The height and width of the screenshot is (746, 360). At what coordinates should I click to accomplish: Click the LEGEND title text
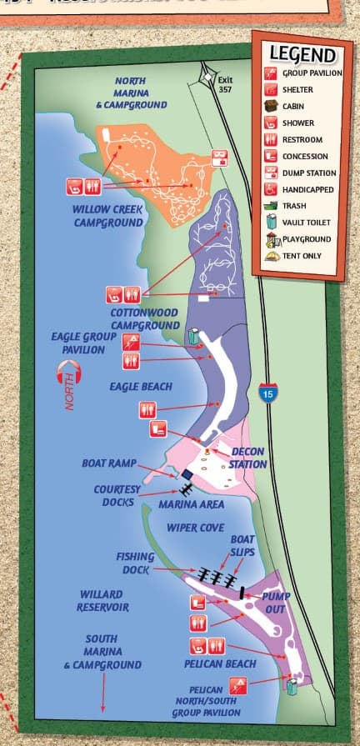(302, 55)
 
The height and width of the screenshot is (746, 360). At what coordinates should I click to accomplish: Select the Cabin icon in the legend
(271, 107)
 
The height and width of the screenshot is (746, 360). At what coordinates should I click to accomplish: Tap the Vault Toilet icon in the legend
(271, 223)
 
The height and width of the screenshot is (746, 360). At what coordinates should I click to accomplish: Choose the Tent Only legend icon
(271, 255)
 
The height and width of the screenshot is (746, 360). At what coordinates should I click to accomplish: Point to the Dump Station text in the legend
(309, 173)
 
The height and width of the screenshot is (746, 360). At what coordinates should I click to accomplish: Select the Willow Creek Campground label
(108, 216)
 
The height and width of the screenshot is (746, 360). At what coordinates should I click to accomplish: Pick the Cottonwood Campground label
(145, 318)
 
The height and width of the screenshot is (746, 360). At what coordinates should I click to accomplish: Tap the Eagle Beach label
(141, 387)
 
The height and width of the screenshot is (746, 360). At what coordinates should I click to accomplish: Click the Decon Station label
(248, 458)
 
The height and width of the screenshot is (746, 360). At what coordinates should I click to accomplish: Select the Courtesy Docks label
(117, 495)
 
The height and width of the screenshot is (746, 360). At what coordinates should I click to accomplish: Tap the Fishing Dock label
(135, 562)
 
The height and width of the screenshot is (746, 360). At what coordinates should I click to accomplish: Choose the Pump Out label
(275, 603)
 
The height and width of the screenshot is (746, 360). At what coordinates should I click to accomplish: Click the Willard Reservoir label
(104, 600)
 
